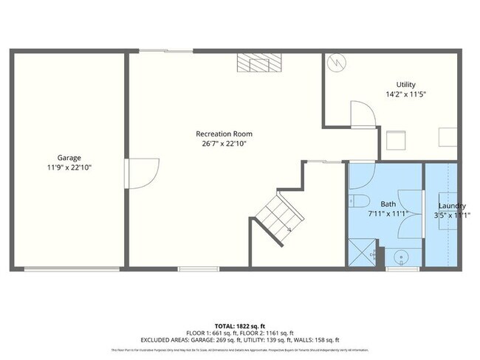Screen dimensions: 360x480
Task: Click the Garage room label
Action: click(x=69, y=158)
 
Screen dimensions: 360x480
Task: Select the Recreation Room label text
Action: click(x=220, y=134)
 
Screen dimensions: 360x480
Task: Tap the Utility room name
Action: click(x=405, y=85)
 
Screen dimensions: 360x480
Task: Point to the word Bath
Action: click(x=388, y=204)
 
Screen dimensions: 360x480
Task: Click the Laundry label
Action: click(x=451, y=205)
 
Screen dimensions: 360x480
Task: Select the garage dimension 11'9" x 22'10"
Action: click(x=69, y=168)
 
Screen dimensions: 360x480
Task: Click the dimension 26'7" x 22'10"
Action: click(x=221, y=144)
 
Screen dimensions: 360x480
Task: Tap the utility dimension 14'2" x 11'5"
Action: click(x=406, y=94)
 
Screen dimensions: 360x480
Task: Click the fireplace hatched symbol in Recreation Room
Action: click(x=258, y=62)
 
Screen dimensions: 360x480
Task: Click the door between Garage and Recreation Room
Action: click(x=142, y=173)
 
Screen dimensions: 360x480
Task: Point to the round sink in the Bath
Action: click(x=402, y=257)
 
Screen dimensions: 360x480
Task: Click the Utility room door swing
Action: click(x=363, y=114)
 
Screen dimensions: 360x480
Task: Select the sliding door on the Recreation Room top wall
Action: click(x=166, y=51)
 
